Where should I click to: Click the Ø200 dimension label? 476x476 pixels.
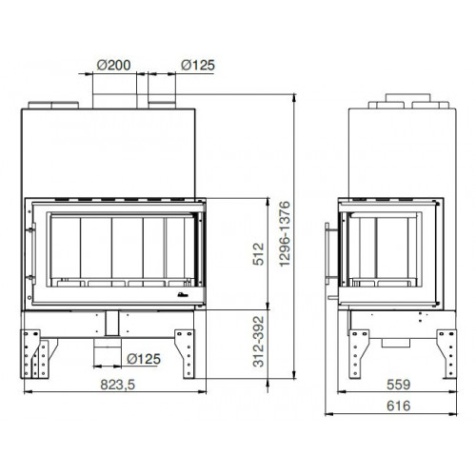point(113,65)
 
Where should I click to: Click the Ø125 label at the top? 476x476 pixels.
point(198,65)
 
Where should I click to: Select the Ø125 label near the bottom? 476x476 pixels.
point(144,359)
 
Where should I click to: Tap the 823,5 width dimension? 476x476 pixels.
point(118,385)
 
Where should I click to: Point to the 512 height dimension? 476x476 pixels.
point(258,254)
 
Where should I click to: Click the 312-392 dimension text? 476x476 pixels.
point(258,342)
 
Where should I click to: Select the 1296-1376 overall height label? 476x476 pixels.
point(285,234)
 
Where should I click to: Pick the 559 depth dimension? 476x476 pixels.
point(399,385)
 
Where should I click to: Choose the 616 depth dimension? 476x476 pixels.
point(399,406)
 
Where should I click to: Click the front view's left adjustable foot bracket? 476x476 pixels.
point(30,354)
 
